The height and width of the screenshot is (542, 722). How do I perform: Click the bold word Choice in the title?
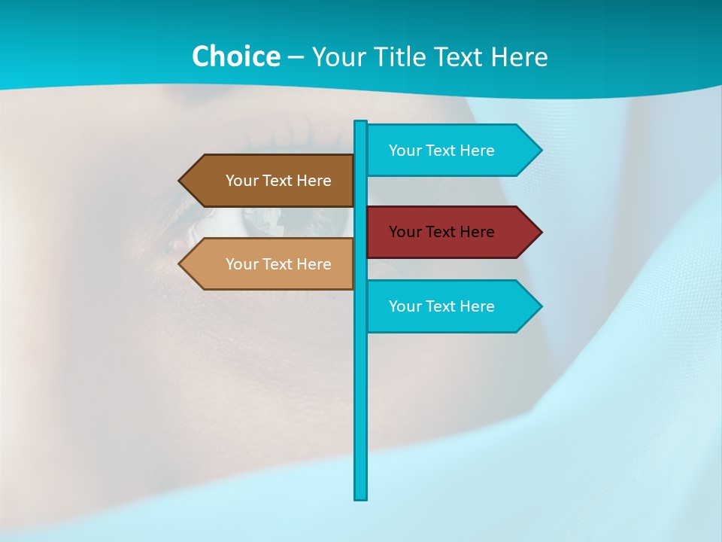pyautogui.click(x=235, y=56)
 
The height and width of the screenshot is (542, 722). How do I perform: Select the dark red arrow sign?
pyautogui.click(x=451, y=232)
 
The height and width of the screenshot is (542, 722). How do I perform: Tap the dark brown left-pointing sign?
pyautogui.click(x=271, y=181)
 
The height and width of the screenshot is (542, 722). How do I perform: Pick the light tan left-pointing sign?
pyautogui.click(x=271, y=264)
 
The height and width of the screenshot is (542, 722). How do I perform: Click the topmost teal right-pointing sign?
pyautogui.click(x=451, y=151)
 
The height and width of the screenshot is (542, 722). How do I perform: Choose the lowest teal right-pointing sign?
pyautogui.click(x=451, y=306)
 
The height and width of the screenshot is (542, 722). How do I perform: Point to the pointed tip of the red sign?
pyautogui.click(x=540, y=232)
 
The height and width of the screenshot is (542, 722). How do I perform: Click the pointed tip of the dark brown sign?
pyautogui.click(x=180, y=181)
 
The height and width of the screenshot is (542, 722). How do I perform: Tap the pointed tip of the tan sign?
pyautogui.click(x=180, y=264)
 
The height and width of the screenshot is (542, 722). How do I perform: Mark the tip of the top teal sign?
pyautogui.click(x=540, y=151)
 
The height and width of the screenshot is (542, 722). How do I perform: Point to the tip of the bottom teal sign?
pyautogui.click(x=540, y=306)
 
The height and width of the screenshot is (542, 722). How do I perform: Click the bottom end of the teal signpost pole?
pyautogui.click(x=361, y=497)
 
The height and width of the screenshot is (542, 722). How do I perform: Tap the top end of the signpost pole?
pyautogui.click(x=361, y=123)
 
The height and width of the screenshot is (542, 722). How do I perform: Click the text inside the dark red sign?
pyautogui.click(x=441, y=232)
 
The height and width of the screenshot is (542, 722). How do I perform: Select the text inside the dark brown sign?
pyautogui.click(x=278, y=181)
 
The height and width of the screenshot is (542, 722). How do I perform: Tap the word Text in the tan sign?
pyautogui.click(x=278, y=264)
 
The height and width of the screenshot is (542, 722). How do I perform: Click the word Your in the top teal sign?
pyautogui.click(x=405, y=151)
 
